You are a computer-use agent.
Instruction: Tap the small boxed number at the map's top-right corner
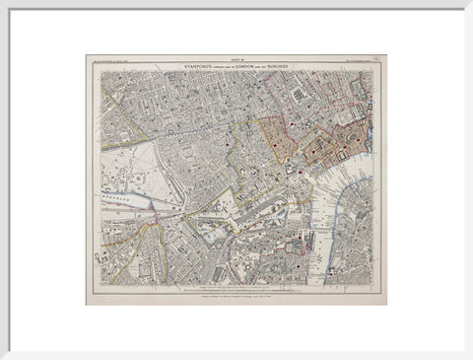(378, 59)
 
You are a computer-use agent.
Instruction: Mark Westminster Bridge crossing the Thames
(313, 237)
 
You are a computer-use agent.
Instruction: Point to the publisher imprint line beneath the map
(236, 293)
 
